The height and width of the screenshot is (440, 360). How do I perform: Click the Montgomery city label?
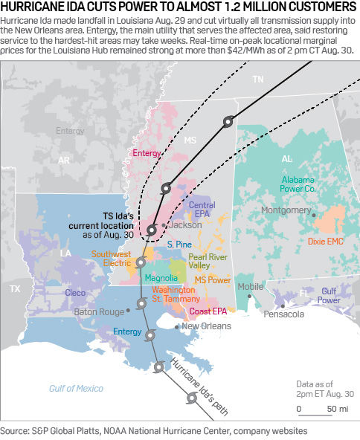point(286,210)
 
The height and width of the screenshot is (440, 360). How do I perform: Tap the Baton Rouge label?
point(99,312)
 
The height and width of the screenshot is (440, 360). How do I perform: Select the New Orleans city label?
point(206,326)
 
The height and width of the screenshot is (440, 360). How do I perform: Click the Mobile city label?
point(251,286)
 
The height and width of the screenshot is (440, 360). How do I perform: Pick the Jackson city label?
point(185,224)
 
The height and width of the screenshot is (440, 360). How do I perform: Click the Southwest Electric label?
point(112,259)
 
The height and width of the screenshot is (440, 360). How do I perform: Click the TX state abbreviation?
point(14,287)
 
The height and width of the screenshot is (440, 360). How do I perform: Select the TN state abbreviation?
point(258,79)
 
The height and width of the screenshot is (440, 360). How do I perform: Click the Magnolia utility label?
point(161,278)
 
